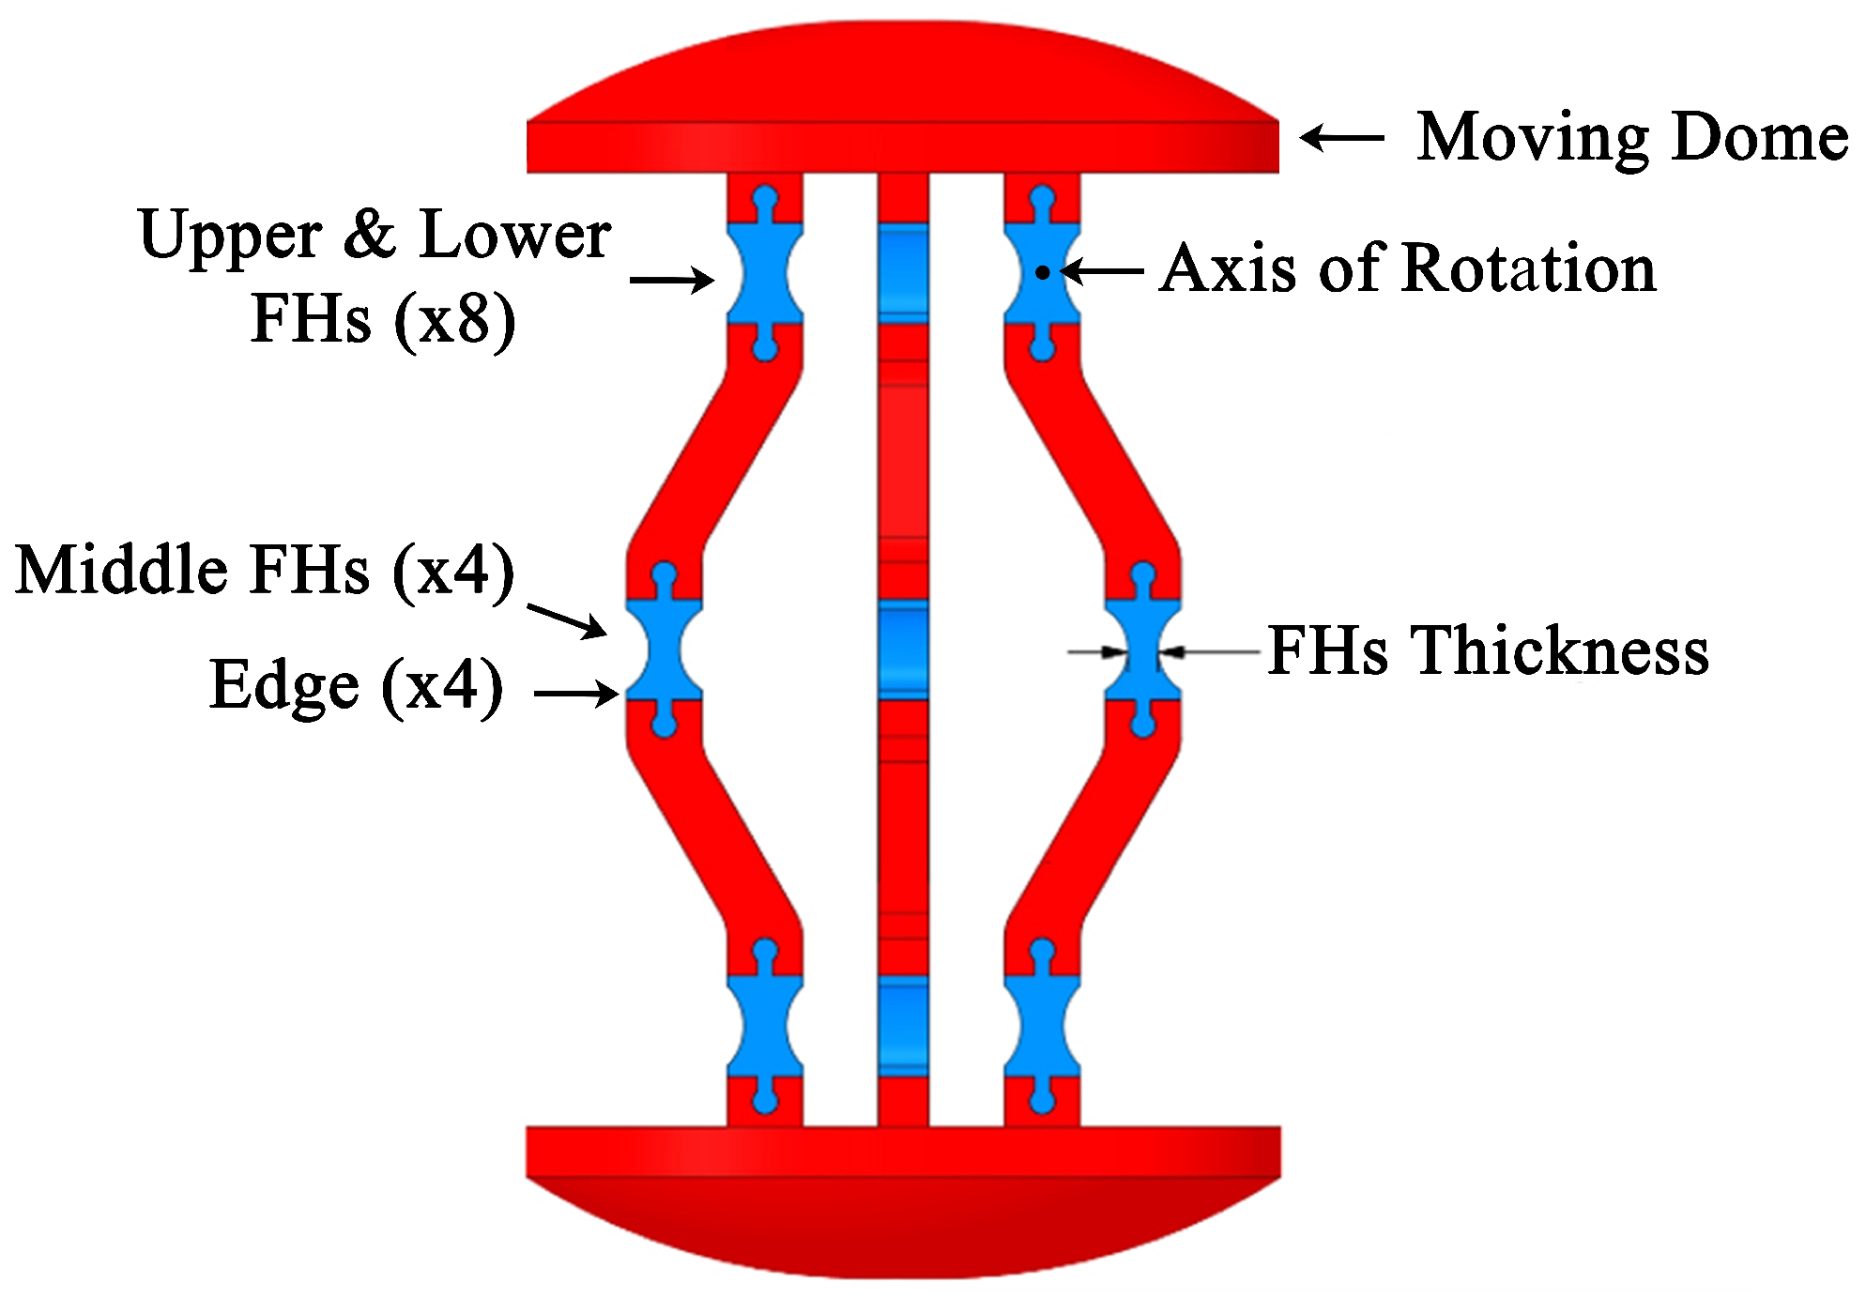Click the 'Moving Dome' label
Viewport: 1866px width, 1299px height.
coord(1631,137)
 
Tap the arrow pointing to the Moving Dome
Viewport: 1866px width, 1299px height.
coord(1342,138)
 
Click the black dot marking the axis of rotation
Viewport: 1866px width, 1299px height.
coord(1043,273)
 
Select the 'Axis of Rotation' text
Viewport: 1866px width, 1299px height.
coord(1408,269)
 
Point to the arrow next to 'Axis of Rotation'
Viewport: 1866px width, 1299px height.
coord(1102,271)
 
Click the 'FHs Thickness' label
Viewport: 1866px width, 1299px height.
coord(1489,650)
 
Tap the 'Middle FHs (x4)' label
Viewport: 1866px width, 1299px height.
coord(266,570)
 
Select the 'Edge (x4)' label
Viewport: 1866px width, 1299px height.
coord(356,685)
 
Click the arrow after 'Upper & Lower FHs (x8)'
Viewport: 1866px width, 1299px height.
coord(672,280)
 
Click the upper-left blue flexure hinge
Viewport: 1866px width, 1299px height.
coord(765,273)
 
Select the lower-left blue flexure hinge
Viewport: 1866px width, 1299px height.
coord(765,1026)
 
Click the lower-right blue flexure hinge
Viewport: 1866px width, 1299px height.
coord(1042,1026)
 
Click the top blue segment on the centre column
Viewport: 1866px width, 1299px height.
coord(903,274)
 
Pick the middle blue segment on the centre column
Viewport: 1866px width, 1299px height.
coord(903,649)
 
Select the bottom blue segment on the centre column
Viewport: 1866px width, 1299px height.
coord(903,1026)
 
